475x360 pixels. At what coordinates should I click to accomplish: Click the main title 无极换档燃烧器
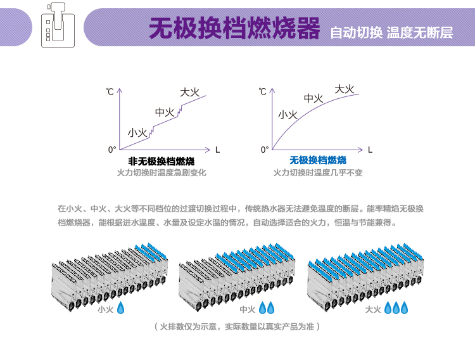pos(234,29)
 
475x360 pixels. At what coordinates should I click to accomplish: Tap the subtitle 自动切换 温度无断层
pos(391,32)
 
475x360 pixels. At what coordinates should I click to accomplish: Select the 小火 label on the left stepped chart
pos(137,132)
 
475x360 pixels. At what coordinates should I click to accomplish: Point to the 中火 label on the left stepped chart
pos(165,112)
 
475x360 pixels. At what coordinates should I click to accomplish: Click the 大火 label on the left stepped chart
pos(189,93)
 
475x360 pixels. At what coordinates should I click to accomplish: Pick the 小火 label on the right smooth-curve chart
pos(288,115)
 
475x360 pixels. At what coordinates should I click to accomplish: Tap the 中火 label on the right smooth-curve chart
pos(313,98)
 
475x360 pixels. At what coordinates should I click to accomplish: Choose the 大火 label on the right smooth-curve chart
pos(344,89)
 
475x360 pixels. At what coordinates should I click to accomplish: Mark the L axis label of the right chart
pos(370,150)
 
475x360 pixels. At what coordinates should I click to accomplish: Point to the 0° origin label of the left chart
pos(112,150)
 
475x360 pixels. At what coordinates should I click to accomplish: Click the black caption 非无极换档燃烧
pos(161,160)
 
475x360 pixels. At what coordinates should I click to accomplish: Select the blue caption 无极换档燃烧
pos(318,160)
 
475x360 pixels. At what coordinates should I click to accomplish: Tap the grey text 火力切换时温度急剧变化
pos(161,172)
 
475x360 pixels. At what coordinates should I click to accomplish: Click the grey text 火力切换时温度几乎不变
pos(318,172)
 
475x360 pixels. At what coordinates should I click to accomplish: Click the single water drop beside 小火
pos(121,308)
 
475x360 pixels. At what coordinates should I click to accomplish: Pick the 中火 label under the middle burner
pos(248,309)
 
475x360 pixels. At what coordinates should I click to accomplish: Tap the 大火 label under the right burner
pos(373,309)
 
